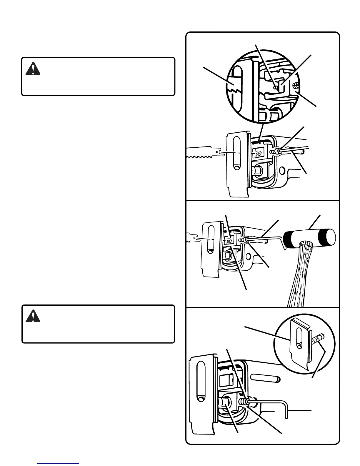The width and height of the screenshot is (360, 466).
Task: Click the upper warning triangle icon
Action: pyautogui.click(x=33, y=69)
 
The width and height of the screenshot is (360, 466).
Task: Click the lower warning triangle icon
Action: pyautogui.click(x=33, y=316)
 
